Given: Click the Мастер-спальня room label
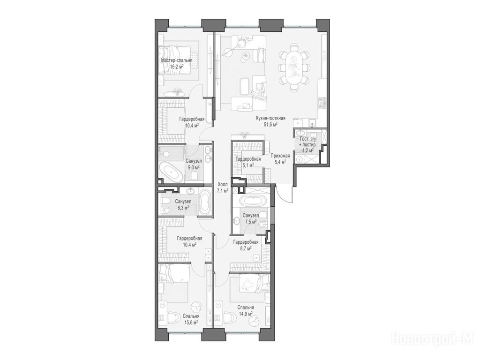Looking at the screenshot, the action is [x=177, y=60].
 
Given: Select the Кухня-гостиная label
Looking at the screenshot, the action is [x=270, y=118].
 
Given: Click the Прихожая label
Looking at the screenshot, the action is [x=280, y=156].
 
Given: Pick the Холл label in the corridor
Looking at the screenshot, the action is [x=223, y=185].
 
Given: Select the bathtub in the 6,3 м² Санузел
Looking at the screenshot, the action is [x=205, y=202].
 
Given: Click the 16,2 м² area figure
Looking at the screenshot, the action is [x=177, y=66].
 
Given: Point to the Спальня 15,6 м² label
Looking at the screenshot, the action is [x=191, y=319].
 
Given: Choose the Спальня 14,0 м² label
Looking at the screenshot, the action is [x=246, y=310].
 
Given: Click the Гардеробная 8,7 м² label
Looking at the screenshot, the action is [x=246, y=245].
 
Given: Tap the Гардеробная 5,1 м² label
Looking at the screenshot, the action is [x=248, y=162].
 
